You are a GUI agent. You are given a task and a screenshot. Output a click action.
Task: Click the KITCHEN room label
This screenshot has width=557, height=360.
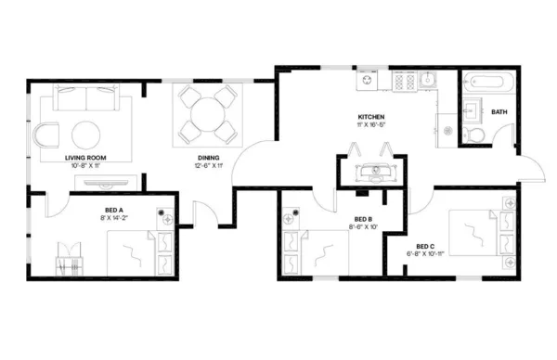pos(371,118)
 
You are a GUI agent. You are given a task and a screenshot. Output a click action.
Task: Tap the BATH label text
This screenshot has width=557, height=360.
pos(499,112)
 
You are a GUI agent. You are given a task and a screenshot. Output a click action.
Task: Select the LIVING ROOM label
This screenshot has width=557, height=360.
pos(85,159)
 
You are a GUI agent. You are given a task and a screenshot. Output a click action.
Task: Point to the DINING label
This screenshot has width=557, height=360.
pos(207,159)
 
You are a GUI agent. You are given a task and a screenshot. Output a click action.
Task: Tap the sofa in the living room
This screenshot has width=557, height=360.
pos(88,96)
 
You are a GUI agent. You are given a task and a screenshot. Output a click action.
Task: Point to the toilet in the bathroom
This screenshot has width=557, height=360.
pos(475,135)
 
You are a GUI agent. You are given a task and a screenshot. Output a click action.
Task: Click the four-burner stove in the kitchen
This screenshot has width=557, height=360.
pos(405,82)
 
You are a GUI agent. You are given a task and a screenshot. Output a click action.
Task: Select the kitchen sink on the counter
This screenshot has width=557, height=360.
pos(430,82)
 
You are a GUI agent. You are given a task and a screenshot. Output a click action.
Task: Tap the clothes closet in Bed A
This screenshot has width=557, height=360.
pos(71,259)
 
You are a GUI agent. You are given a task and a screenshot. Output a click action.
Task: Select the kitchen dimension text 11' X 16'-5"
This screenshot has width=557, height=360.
pos(371,126)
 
